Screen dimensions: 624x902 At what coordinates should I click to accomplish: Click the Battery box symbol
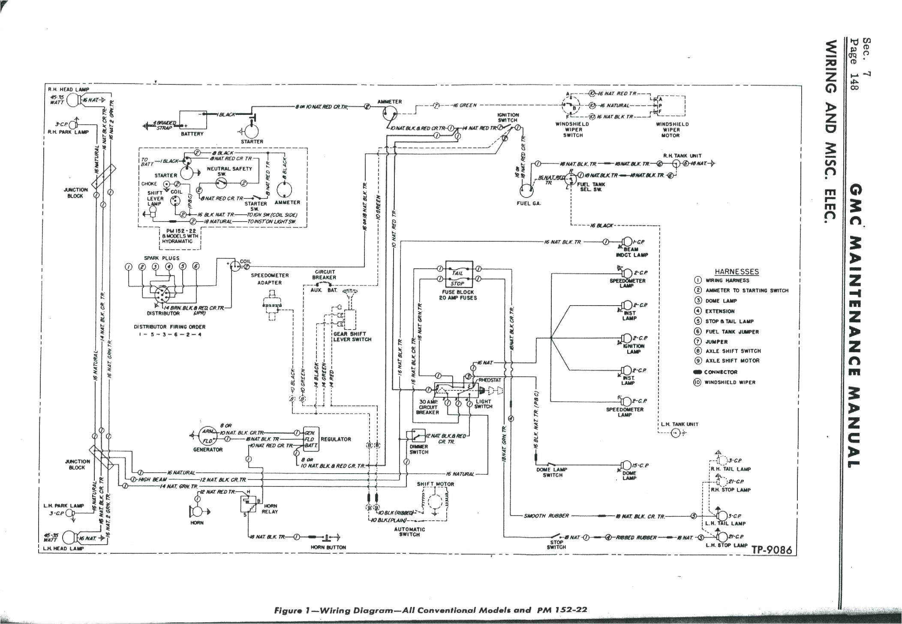tap(192, 120)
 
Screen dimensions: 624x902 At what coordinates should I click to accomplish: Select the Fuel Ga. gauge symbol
tap(527, 189)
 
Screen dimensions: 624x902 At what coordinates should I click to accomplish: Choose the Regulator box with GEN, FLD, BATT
tap(310, 439)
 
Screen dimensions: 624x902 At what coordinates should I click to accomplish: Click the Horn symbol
tap(198, 511)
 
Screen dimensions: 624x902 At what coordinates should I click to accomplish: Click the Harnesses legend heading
tap(736, 271)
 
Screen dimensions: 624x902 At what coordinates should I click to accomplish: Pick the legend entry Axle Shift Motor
tap(732, 361)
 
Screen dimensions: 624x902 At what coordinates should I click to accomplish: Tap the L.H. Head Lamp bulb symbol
tap(69, 537)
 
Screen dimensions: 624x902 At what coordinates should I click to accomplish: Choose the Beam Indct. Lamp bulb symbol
tap(627, 242)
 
